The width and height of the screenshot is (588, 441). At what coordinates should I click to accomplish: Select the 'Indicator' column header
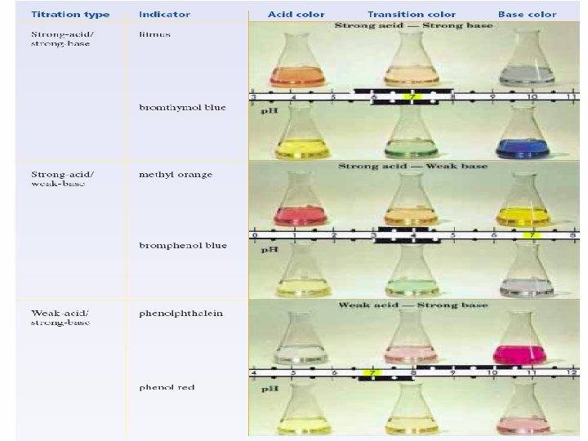point(164,15)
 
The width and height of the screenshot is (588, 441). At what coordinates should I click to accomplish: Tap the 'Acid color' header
point(295,15)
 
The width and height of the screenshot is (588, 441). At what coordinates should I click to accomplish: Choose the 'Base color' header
point(527,15)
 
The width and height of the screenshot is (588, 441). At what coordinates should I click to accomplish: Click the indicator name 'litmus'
point(154,34)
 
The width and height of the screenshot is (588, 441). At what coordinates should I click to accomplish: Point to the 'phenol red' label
point(166,386)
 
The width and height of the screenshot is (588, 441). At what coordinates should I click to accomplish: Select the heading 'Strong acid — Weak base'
point(412,166)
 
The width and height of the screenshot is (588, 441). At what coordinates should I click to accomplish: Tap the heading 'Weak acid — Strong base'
point(412,305)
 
